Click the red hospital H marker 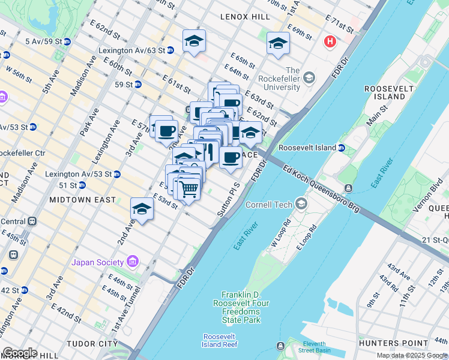tap(330, 42)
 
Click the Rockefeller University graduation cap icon tap(309, 77)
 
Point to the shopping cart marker tap(189, 189)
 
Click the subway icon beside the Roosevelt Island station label tap(342, 147)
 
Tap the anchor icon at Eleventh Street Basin tap(280, 346)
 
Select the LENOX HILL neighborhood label tap(245, 17)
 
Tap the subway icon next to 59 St tap(137, 85)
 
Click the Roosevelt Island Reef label tap(220, 340)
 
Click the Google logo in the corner tap(20, 353)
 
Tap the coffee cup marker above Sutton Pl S tap(231, 158)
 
